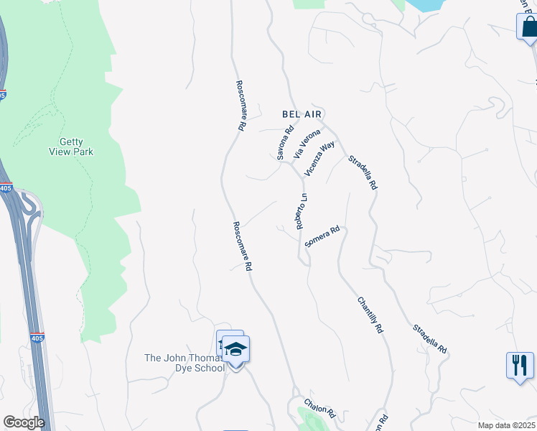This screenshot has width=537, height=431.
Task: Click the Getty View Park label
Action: point(71,147)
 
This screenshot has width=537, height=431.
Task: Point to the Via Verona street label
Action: point(307,144)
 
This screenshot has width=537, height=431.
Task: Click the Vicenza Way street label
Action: point(319,158)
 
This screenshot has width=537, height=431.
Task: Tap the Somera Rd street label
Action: point(321,238)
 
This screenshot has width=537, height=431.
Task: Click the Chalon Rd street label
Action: point(319,408)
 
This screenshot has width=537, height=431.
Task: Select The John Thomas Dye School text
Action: point(185,362)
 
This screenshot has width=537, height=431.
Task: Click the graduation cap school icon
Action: point(235,350)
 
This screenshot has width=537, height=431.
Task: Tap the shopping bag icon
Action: point(528,27)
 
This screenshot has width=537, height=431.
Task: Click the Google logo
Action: point(24,422)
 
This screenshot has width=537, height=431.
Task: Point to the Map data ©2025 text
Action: point(507,425)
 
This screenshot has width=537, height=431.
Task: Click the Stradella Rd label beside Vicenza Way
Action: point(363,172)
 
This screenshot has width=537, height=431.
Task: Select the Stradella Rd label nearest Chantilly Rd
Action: point(430,339)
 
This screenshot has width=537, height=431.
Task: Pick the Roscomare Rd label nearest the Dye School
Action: point(243,245)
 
